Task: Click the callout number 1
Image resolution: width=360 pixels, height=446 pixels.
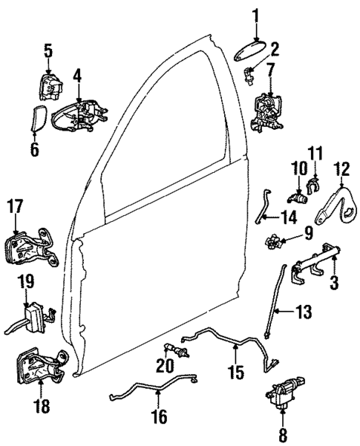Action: pos(255,14)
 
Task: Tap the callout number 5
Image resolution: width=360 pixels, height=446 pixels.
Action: pos(48,50)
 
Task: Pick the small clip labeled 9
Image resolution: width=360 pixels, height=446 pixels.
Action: pos(272,241)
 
